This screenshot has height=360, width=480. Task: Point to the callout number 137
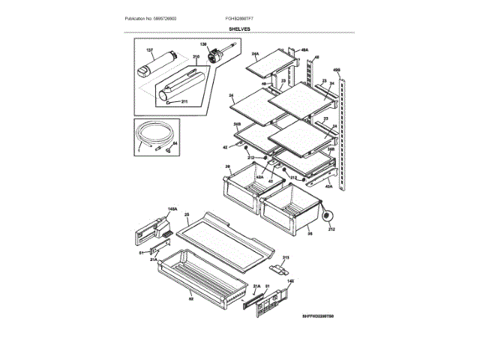(x=149, y=50)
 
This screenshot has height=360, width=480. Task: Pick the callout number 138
(x=202, y=45)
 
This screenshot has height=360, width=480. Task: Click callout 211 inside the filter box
(x=184, y=100)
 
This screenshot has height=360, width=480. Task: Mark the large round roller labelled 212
(x=327, y=217)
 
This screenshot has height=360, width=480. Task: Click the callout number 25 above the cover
(x=185, y=214)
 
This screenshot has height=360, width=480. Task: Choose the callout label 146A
(x=151, y=209)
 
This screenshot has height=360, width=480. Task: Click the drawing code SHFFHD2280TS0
(x=318, y=317)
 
